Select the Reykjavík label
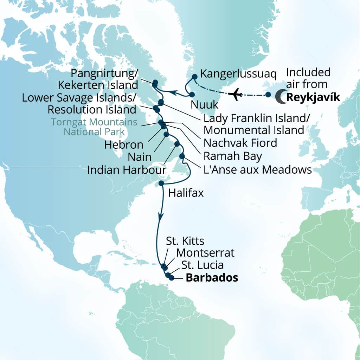313,97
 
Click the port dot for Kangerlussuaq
194,76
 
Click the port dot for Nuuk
192,95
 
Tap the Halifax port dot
161,183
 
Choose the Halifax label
186,193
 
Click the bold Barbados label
212,278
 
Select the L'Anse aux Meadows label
258,170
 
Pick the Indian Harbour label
127,170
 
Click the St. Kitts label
185,241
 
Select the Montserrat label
205,253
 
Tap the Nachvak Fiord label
240,143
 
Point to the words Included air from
308,78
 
